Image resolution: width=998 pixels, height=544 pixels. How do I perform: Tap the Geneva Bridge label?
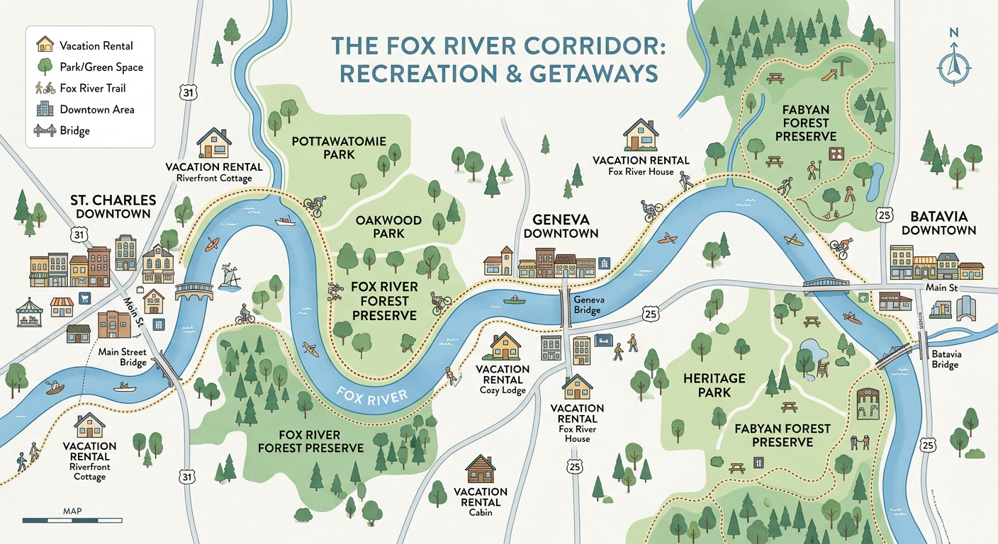click(588, 305)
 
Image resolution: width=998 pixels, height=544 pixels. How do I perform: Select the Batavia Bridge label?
click(945, 359)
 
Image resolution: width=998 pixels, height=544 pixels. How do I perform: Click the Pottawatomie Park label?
click(339, 147)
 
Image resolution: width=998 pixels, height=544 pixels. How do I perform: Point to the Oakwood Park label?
click(388, 227)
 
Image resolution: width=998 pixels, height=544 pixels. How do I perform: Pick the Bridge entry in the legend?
click(75, 131)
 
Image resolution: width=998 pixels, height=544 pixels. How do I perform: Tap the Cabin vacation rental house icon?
click(480, 469)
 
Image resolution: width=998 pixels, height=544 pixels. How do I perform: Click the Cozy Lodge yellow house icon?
click(505, 346)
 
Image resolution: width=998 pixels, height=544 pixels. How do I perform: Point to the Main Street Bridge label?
click(123, 357)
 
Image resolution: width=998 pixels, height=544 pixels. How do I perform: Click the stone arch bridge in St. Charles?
click(194, 290)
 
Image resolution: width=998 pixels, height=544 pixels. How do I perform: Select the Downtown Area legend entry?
click(97, 110)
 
